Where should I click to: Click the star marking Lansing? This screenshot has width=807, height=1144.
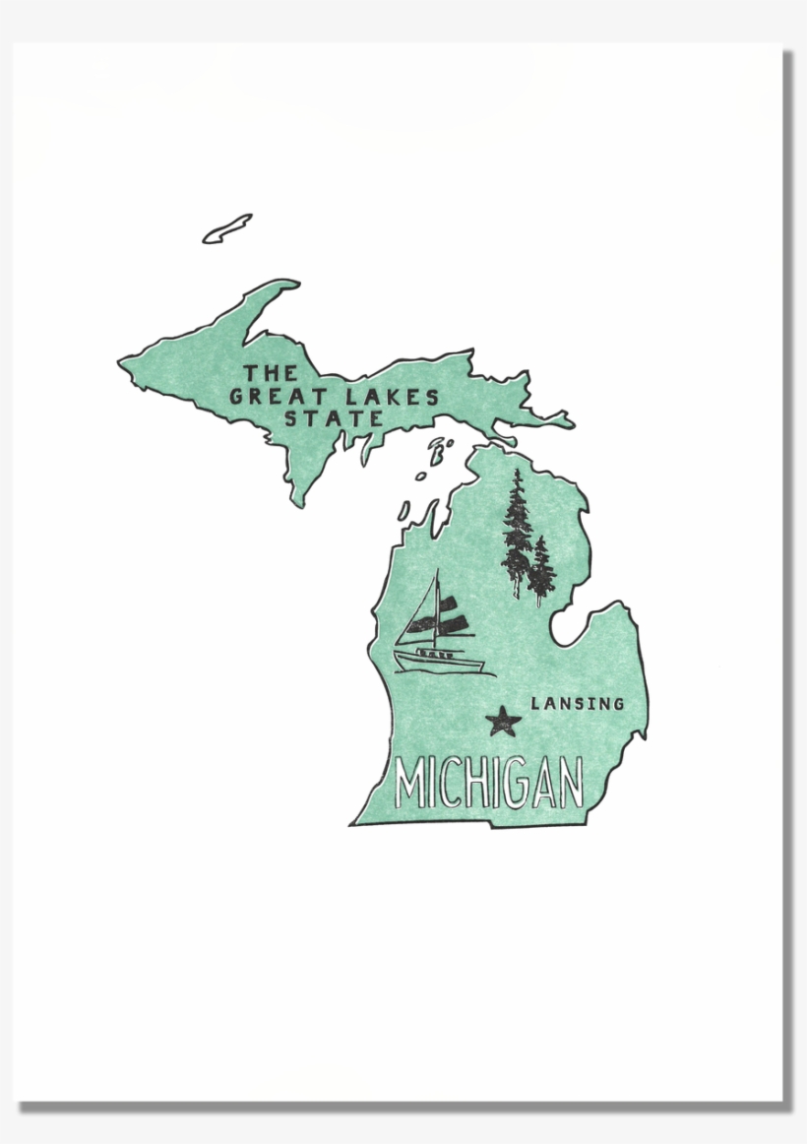click(504, 722)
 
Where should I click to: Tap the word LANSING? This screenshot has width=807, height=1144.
click(578, 704)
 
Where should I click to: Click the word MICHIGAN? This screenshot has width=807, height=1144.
click(488, 783)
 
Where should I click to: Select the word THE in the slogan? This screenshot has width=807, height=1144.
click(271, 373)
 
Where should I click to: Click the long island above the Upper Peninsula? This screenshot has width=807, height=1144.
click(227, 228)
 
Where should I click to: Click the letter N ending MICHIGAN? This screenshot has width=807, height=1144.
click(568, 783)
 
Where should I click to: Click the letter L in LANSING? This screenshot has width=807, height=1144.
click(535, 704)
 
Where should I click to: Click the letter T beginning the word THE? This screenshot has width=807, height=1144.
click(251, 373)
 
